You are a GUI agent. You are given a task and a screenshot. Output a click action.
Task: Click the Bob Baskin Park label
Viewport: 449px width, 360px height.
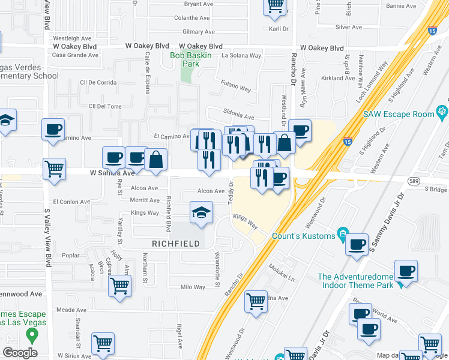point(184,59)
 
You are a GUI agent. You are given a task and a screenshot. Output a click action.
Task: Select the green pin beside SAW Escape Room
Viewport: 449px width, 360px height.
point(443,110)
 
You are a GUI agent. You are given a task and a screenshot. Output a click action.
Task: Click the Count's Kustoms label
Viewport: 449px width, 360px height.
point(304,236)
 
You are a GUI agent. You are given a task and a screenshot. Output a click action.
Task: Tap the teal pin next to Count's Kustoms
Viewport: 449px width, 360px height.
point(342,233)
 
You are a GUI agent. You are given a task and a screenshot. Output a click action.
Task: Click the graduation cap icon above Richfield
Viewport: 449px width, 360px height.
point(202,212)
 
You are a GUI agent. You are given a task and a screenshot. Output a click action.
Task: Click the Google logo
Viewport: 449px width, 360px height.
point(20,352)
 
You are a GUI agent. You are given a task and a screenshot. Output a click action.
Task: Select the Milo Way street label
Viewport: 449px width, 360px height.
point(193,287)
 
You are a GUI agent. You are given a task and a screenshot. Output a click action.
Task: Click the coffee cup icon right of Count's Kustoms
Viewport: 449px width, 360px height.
point(357,244)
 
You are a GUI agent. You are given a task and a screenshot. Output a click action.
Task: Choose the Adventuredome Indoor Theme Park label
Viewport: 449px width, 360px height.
point(355,281)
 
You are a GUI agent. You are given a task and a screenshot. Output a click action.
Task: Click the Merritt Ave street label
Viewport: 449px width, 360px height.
point(143,200)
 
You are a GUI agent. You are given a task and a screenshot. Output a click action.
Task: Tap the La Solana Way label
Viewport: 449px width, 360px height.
point(241,55)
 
